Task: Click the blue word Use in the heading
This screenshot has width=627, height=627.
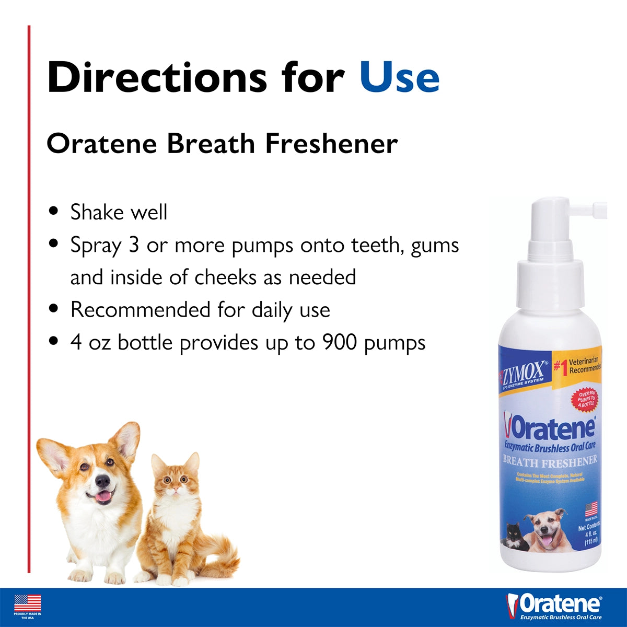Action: point(400,77)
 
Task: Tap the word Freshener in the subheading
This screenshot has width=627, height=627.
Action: point(332,144)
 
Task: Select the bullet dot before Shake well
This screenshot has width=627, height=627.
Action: point(53,212)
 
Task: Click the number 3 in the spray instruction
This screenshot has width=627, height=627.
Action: point(134,245)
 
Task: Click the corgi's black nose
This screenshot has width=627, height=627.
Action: point(103,481)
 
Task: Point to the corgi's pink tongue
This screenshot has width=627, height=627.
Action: point(103,496)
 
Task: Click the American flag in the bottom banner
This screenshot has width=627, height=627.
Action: point(28,603)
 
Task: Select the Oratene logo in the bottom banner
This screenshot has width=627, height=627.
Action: point(554,605)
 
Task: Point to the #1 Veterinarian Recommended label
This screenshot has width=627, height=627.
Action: point(578,366)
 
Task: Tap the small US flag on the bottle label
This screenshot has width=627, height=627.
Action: point(591,509)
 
